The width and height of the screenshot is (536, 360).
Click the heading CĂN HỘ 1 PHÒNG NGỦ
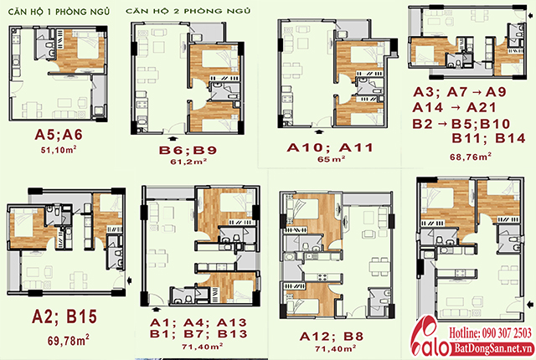(x=59, y=12)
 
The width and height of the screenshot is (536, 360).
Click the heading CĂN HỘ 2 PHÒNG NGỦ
(x=188, y=11)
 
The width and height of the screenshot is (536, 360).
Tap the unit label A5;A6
(x=59, y=135)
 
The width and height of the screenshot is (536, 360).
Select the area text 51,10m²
(x=59, y=150)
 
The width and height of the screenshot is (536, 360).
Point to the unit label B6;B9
(x=188, y=150)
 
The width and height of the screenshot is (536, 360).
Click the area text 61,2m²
(x=188, y=162)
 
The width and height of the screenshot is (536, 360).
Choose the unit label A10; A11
(x=329, y=147)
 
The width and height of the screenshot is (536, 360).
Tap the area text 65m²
(x=331, y=159)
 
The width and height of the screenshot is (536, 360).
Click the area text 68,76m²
(x=471, y=157)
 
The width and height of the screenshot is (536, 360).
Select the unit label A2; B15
(x=64, y=316)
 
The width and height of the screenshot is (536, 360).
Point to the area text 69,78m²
(x=69, y=340)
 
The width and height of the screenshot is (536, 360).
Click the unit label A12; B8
(x=332, y=337)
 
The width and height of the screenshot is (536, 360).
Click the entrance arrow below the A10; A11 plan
(x=319, y=131)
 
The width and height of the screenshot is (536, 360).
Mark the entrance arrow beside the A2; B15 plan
(x=130, y=280)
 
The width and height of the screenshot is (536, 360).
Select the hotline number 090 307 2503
(x=507, y=332)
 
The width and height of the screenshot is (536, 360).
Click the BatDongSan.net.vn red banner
(x=494, y=349)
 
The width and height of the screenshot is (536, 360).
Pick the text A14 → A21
(x=454, y=108)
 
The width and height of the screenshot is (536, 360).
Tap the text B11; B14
(x=488, y=138)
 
